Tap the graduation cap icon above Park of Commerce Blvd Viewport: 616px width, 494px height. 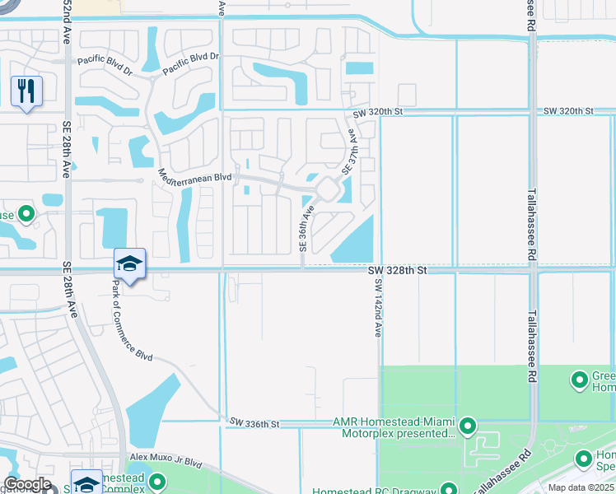129,263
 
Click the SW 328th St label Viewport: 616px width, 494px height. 399,269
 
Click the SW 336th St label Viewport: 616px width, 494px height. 254,423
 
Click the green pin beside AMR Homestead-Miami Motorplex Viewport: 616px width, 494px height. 468,426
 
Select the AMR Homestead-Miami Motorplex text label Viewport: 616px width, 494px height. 394,427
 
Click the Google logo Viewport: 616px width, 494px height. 28,484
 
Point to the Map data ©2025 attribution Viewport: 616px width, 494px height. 581,487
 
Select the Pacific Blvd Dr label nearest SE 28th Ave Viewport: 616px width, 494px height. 105,61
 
